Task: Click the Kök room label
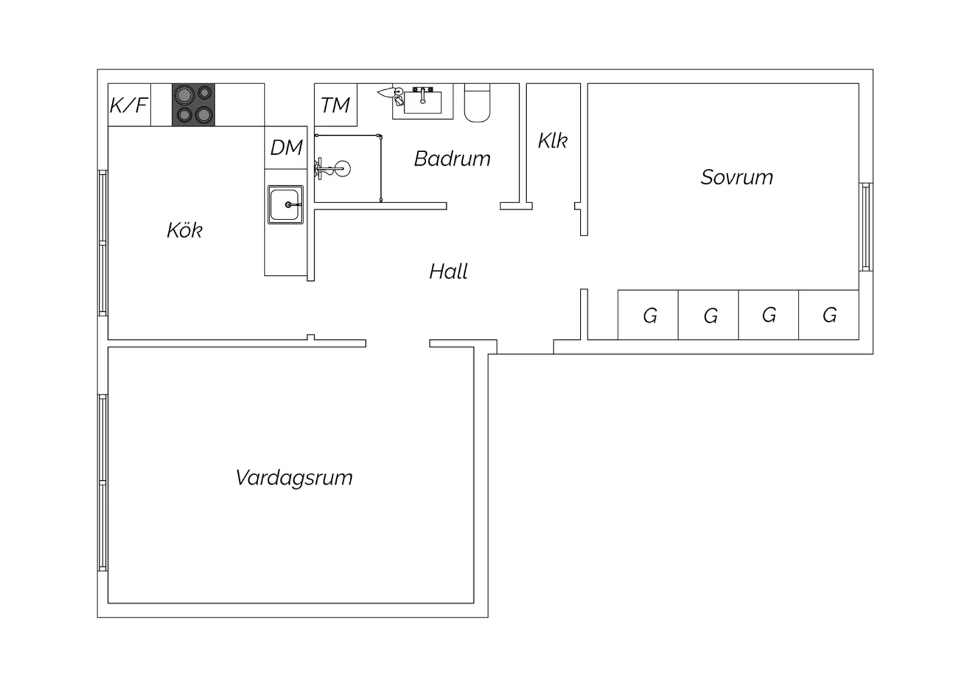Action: click(x=184, y=230)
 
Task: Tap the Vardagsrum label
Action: click(x=294, y=478)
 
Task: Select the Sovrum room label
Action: click(x=737, y=177)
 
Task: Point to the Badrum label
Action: click(x=452, y=158)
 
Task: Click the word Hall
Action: click(x=448, y=272)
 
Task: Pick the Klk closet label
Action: click(x=552, y=140)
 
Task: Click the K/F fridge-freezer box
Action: click(x=129, y=105)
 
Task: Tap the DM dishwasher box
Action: click(x=286, y=148)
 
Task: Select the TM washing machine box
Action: click(x=336, y=105)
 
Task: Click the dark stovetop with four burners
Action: click(x=193, y=105)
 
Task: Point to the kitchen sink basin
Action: click(x=285, y=205)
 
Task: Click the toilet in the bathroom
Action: click(x=477, y=103)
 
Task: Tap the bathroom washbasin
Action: click(x=423, y=102)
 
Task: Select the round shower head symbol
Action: click(x=343, y=168)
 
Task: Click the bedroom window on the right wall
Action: click(x=866, y=227)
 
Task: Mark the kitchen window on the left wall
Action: click(x=103, y=243)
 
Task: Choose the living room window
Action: click(x=103, y=483)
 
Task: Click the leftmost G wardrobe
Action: click(x=648, y=315)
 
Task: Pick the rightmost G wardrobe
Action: click(x=829, y=315)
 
